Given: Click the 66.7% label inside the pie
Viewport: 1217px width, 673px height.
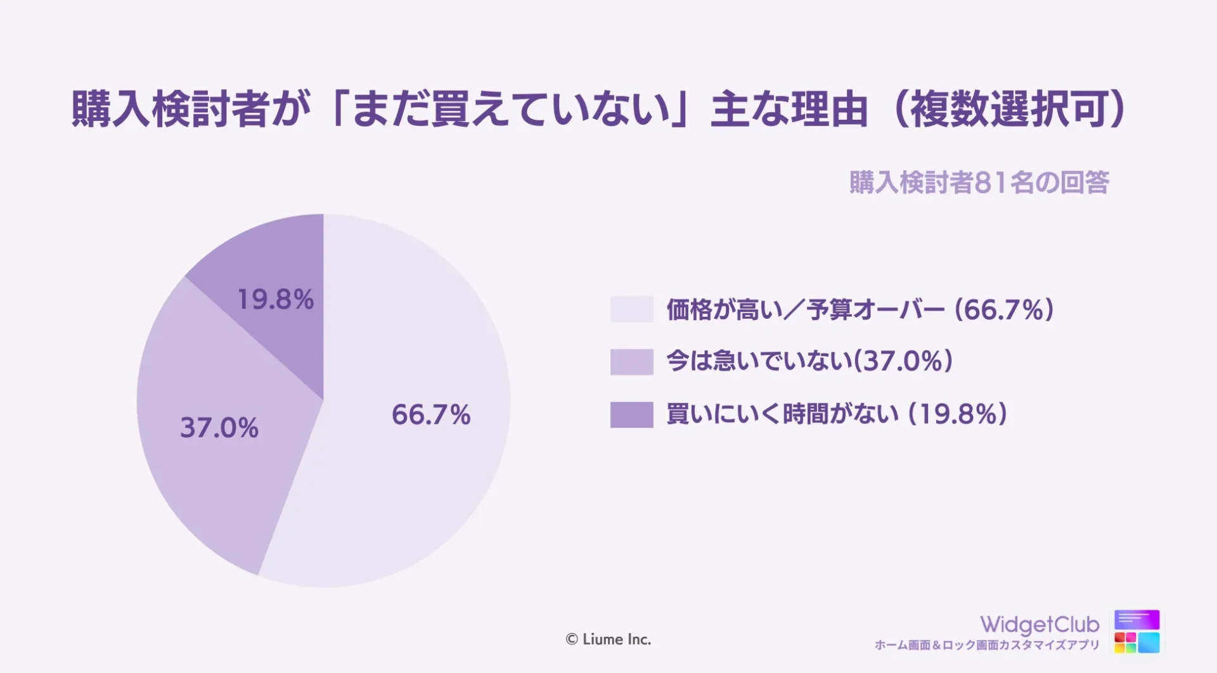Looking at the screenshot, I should click(x=431, y=415).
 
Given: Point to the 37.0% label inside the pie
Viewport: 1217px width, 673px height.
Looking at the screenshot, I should click(x=219, y=428).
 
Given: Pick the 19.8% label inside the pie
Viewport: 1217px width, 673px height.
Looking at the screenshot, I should click(x=275, y=300).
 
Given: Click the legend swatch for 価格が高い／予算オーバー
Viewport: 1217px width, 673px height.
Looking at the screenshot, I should click(x=631, y=309).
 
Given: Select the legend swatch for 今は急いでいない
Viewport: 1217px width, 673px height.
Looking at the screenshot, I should click(x=631, y=362).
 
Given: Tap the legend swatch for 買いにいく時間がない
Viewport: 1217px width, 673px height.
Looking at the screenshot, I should click(x=631, y=414).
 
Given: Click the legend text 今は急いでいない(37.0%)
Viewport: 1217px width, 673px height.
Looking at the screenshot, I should click(x=809, y=361).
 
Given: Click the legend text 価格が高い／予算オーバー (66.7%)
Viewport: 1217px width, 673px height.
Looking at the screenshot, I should click(x=860, y=310).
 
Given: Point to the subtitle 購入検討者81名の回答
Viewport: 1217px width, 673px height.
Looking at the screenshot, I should click(x=979, y=183).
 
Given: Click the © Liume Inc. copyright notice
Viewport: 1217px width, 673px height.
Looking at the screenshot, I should click(x=608, y=639).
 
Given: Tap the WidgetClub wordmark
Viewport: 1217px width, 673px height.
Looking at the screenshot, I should click(x=1040, y=624).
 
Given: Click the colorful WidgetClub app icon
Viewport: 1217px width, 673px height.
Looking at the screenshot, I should click(x=1137, y=631).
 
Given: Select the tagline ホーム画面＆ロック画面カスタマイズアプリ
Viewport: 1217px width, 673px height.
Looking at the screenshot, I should click(x=987, y=645).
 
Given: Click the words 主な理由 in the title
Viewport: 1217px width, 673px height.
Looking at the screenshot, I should click(x=789, y=109).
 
